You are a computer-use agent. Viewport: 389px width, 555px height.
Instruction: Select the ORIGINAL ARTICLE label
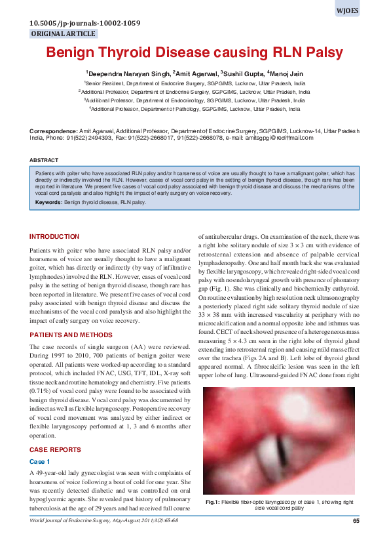click(x=64, y=34)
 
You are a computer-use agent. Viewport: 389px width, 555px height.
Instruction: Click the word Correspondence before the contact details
click(x=53, y=131)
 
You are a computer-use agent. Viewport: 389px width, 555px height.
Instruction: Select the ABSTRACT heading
click(x=43, y=160)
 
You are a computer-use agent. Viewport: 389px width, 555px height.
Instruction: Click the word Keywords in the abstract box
click(x=48, y=203)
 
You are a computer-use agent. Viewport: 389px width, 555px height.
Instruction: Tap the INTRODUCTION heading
click(x=54, y=236)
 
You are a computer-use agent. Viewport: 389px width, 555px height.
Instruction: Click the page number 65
click(x=356, y=521)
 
